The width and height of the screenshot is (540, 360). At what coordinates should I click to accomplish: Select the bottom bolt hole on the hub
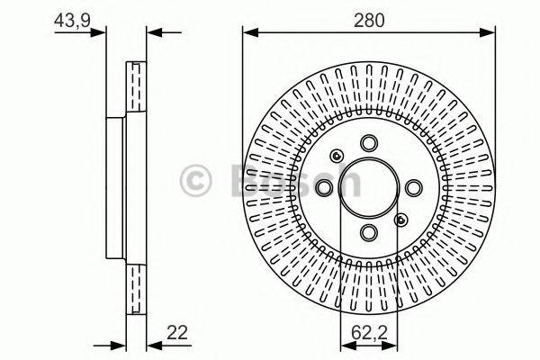click(x=369, y=232)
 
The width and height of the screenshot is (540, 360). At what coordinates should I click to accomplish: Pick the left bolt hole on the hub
click(x=325, y=188)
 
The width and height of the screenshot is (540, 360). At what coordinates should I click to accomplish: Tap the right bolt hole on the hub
click(x=413, y=188)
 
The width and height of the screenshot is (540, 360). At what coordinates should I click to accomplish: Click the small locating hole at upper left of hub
click(x=336, y=155)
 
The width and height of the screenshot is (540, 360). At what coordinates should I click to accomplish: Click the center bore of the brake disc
click(x=369, y=188)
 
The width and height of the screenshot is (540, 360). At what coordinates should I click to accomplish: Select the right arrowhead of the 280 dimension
click(x=490, y=33)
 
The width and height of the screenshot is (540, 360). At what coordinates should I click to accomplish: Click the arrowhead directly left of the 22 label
click(x=151, y=345)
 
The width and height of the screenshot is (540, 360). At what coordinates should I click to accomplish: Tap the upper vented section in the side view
click(x=136, y=90)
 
